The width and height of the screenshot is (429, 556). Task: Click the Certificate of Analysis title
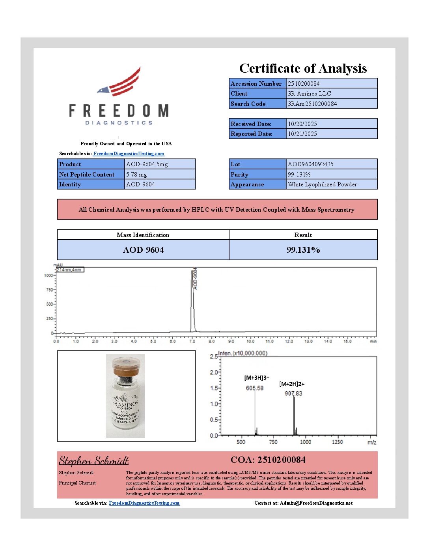tap(303, 68)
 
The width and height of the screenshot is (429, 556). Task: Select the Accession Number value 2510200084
tap(304, 84)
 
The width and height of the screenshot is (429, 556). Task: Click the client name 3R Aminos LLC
tap(309, 94)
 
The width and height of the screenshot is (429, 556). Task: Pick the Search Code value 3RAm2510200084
tap(312, 104)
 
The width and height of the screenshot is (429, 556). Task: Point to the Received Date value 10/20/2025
tap(302, 124)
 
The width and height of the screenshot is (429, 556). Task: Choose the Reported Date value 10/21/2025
tap(302, 134)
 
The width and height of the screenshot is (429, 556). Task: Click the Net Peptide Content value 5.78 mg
tap(136, 175)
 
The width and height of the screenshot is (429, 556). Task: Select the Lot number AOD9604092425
tap(310, 164)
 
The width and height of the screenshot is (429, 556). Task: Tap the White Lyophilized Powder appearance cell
tap(322, 184)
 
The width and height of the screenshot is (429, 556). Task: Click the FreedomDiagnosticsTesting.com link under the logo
tap(129, 154)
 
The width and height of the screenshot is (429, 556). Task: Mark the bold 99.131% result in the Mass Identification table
tap(303, 250)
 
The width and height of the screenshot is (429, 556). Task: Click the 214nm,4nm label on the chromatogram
tap(69, 270)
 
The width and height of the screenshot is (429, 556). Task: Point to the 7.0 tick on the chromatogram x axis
tap(192, 341)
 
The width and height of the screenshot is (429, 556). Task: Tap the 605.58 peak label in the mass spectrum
tap(254, 388)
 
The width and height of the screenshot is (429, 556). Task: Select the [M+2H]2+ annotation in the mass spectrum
tap(292, 384)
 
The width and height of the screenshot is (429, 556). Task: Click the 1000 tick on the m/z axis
tap(305, 442)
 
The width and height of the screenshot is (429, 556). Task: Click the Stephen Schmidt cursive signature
tap(94, 461)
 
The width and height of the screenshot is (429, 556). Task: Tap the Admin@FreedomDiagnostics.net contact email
tap(316, 503)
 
